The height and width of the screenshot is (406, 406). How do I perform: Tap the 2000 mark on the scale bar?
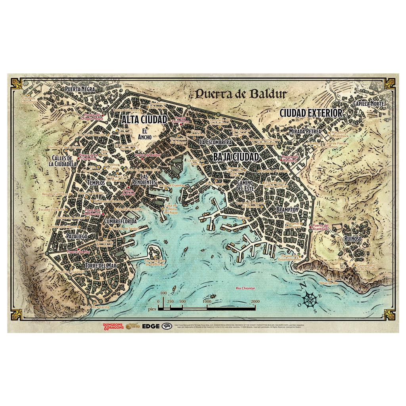pyautogui.click(x=255, y=302)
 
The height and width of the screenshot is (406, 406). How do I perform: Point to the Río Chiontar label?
pyautogui.click(x=245, y=288)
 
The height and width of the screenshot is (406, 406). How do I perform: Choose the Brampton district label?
pyautogui.click(x=287, y=209)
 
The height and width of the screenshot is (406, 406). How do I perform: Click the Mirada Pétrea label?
pyautogui.click(x=305, y=130)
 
